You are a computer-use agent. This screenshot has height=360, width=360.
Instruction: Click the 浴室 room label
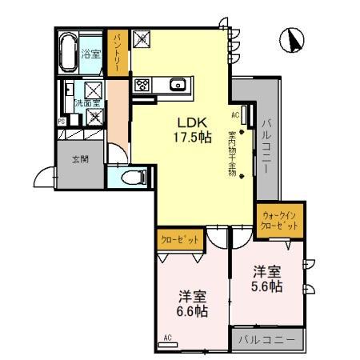[x=91, y=54]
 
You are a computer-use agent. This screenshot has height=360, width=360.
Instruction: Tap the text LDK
[x=192, y=122]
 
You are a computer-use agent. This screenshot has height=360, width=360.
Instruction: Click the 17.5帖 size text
[x=192, y=137]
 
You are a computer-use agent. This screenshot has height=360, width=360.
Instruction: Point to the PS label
[x=62, y=121]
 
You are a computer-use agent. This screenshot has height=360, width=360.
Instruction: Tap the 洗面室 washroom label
[x=86, y=103]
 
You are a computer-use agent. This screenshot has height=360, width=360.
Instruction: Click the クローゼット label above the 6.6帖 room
[x=178, y=239]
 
